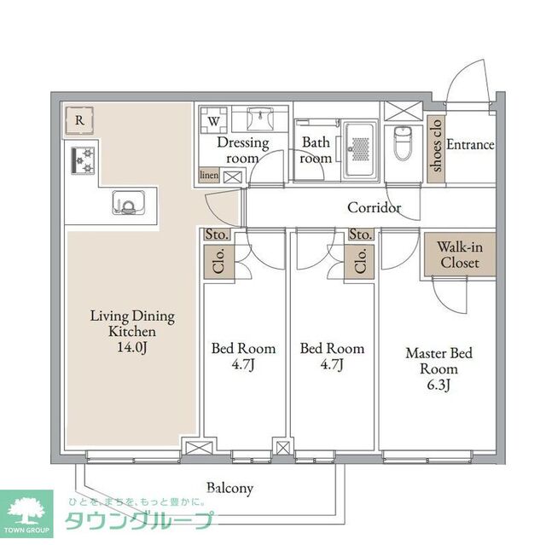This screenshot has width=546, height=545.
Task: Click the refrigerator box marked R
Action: tap(78, 121)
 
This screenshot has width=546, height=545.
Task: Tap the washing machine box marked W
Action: tap(212, 121)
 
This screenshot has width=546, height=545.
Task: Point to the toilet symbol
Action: tap(403, 142)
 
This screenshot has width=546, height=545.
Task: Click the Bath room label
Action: tap(316, 151)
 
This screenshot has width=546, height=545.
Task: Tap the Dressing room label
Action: tap(242, 151)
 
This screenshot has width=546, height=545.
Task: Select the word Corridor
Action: tap(374, 207)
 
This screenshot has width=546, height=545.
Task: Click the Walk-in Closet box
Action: tap(459, 255)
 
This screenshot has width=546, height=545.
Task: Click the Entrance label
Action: tap(470, 145)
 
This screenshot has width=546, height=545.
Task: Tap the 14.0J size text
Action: tap(132, 347)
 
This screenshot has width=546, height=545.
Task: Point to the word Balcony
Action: tap(230, 488)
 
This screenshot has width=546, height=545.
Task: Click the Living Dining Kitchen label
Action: tap(132, 324)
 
